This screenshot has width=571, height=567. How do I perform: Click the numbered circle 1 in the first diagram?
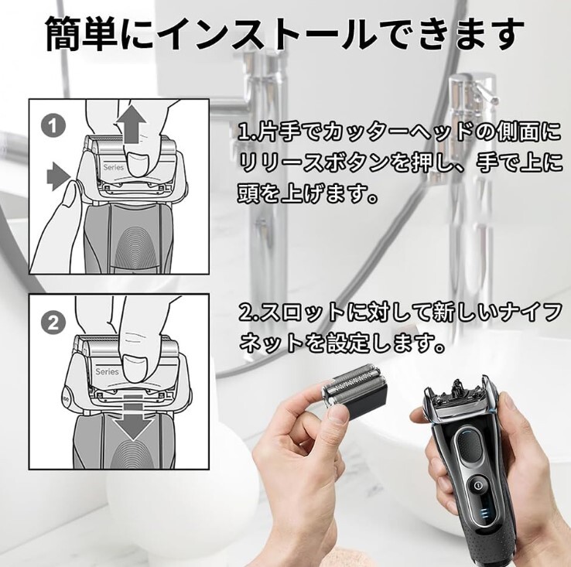tap(53, 127)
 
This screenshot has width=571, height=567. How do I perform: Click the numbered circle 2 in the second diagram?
tap(53, 323)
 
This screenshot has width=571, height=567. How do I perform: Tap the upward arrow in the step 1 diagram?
tap(131, 124)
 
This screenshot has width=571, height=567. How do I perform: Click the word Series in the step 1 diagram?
tap(113, 168)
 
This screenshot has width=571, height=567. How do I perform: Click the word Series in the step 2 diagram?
tap(107, 371)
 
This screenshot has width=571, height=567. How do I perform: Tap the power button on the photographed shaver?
tap(478, 485)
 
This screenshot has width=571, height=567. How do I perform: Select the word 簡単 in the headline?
tap(80, 33)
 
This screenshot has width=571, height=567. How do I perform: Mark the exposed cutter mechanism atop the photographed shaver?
tap(456, 391)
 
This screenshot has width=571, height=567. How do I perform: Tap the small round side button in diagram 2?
tap(67, 399)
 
